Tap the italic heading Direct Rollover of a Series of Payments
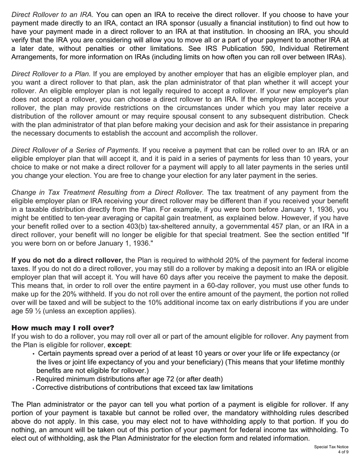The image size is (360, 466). pos(76,150)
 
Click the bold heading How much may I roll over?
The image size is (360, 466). pos(63,327)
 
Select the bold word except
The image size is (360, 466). pos(119,345)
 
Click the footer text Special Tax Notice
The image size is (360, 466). pos(331,447)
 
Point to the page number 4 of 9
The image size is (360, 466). pos(343,452)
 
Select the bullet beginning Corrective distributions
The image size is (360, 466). pos(144,388)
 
